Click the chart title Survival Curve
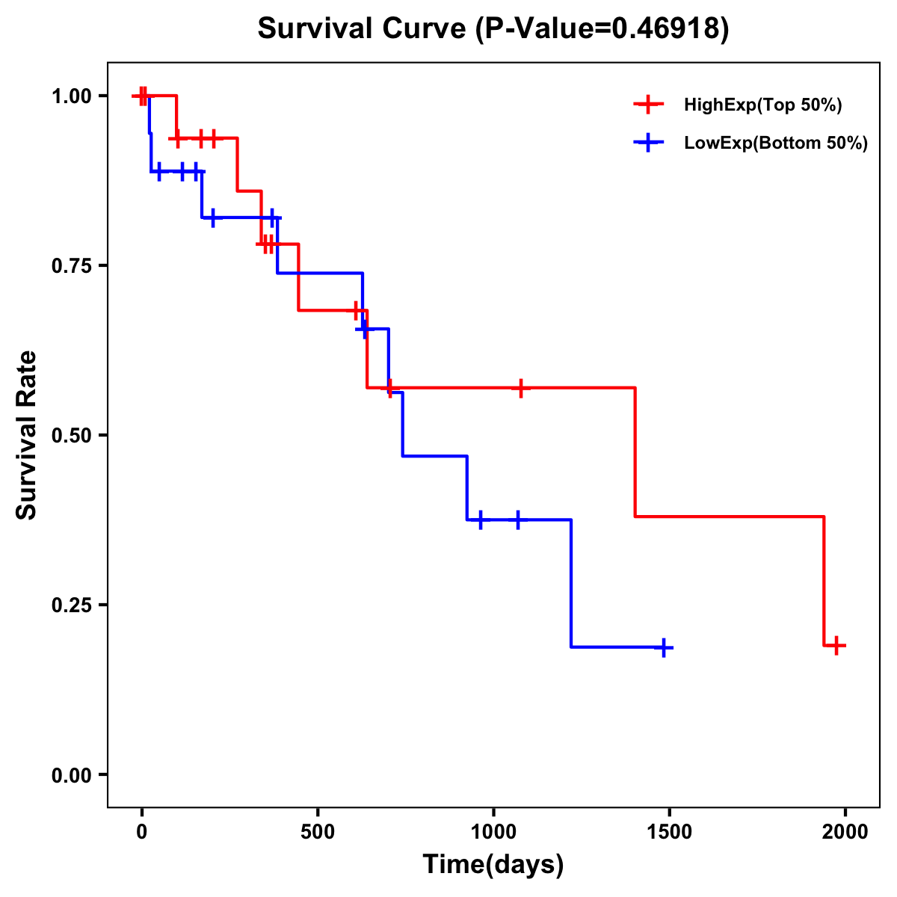(x=493, y=28)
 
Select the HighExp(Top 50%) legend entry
(x=762, y=105)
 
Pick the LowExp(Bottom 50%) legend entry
(x=775, y=144)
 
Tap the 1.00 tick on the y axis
(x=71, y=96)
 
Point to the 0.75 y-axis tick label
(x=71, y=265)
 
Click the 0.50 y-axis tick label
(x=71, y=435)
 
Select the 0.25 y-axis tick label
(x=71, y=605)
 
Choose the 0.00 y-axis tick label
(x=71, y=774)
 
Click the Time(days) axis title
(x=493, y=865)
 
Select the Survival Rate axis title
(x=27, y=435)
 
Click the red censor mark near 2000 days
(x=836, y=645)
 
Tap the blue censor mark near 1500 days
(x=663, y=647)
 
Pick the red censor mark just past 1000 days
(x=520, y=388)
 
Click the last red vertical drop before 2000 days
(x=824, y=581)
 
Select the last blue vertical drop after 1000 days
(x=571, y=583)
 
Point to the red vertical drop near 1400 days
(x=635, y=452)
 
